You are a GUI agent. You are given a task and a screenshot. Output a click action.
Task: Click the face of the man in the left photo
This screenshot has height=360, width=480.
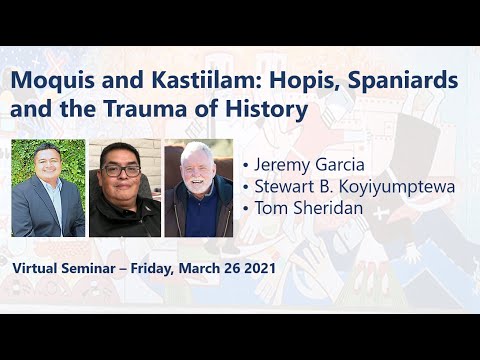(x=47, y=170)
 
